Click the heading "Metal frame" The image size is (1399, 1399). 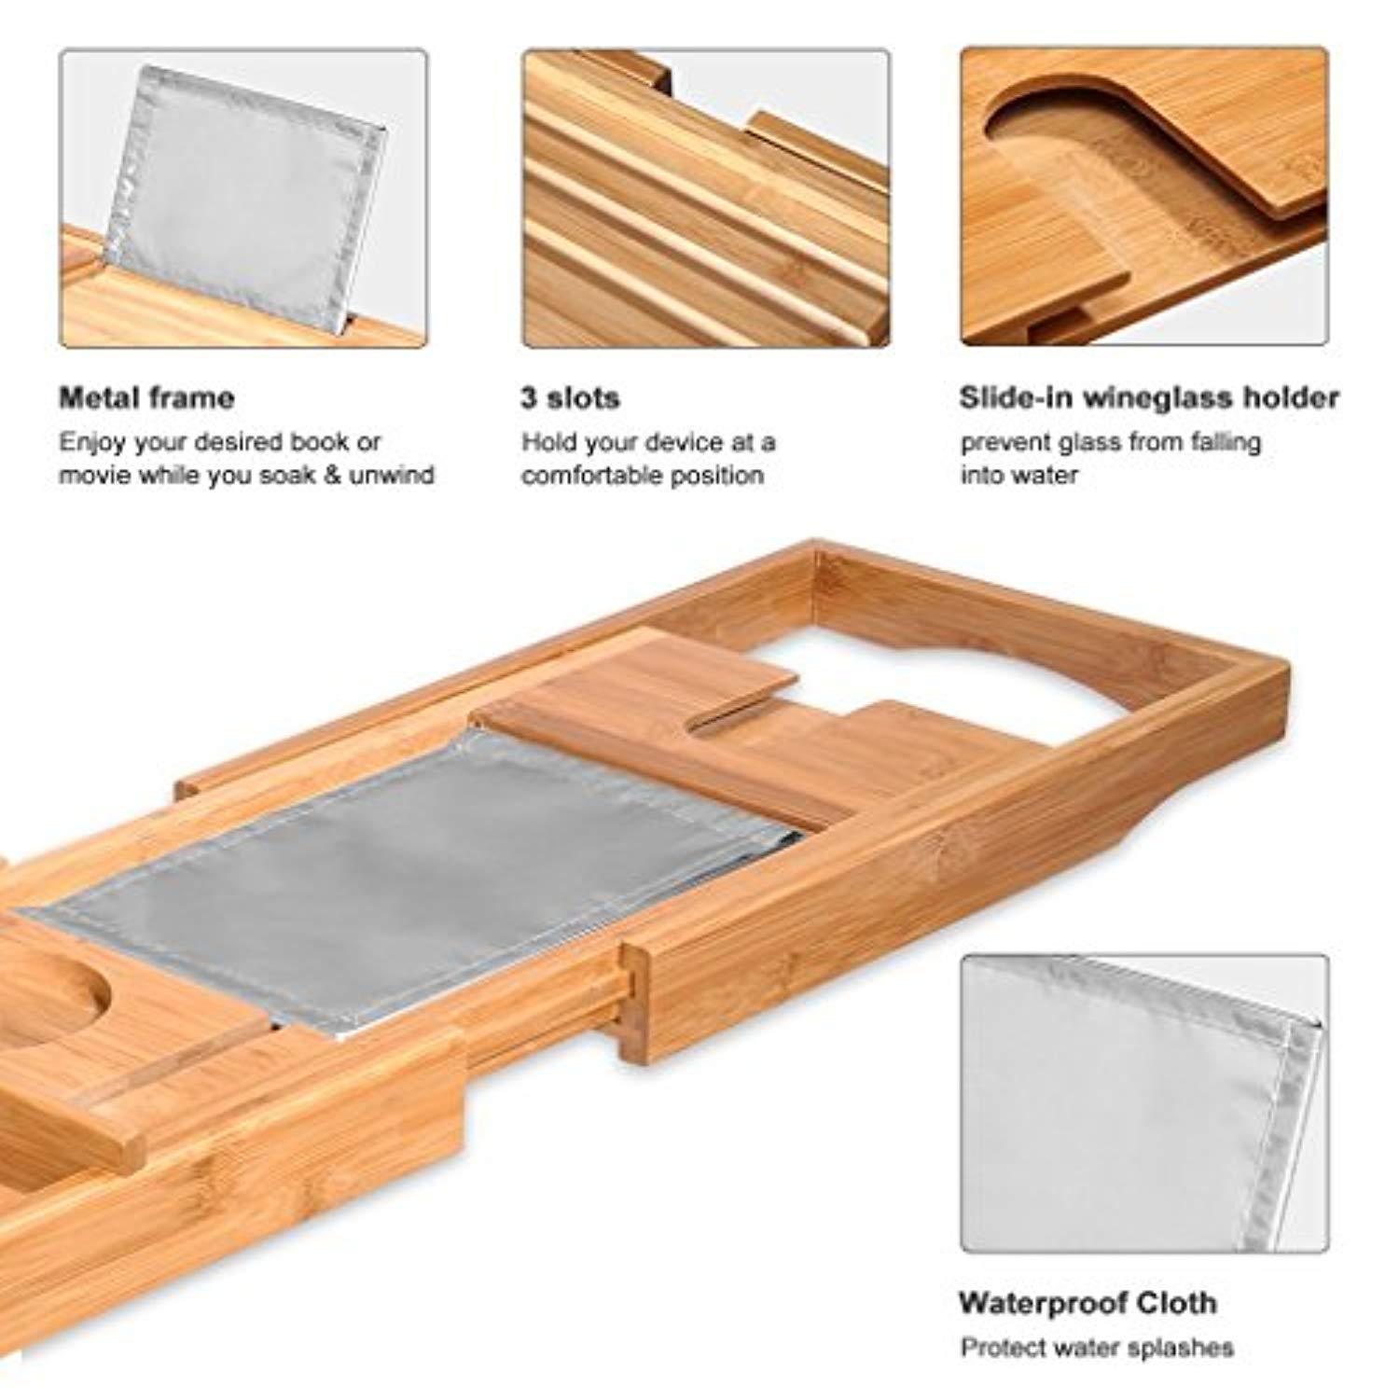click(146, 398)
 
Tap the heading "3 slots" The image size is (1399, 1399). click(570, 398)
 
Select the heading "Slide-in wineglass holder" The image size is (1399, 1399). click(1149, 398)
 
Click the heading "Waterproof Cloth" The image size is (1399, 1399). click(1087, 1302)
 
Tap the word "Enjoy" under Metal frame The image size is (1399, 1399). click(90, 442)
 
